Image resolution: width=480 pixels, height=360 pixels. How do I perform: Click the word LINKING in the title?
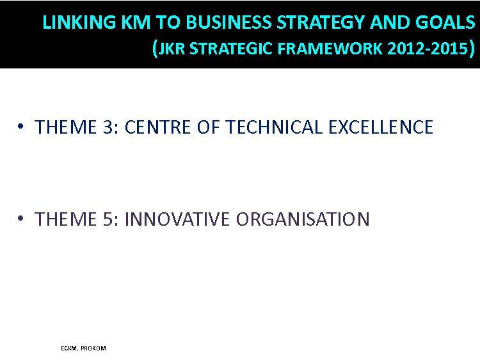(79, 22)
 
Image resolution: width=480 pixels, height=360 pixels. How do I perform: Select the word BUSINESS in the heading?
(228, 22)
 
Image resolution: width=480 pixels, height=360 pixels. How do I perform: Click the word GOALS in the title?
(445, 22)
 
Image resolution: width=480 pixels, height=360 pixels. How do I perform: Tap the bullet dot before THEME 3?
(20, 126)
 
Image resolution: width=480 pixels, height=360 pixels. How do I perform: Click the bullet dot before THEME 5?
(20, 219)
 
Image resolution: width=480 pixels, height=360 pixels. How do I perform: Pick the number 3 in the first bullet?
(108, 127)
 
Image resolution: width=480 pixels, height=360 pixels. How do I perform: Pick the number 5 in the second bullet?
(108, 219)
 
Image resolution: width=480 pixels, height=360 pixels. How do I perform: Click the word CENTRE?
(157, 127)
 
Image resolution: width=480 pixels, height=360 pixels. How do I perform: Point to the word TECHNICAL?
(274, 127)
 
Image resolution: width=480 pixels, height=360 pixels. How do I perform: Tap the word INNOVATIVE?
(177, 219)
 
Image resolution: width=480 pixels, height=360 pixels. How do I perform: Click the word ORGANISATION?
(303, 219)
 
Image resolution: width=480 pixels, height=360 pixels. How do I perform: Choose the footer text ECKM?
(69, 348)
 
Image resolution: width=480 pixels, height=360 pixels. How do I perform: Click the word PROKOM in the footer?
(93, 348)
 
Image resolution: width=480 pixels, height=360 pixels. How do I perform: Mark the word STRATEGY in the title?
(320, 22)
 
